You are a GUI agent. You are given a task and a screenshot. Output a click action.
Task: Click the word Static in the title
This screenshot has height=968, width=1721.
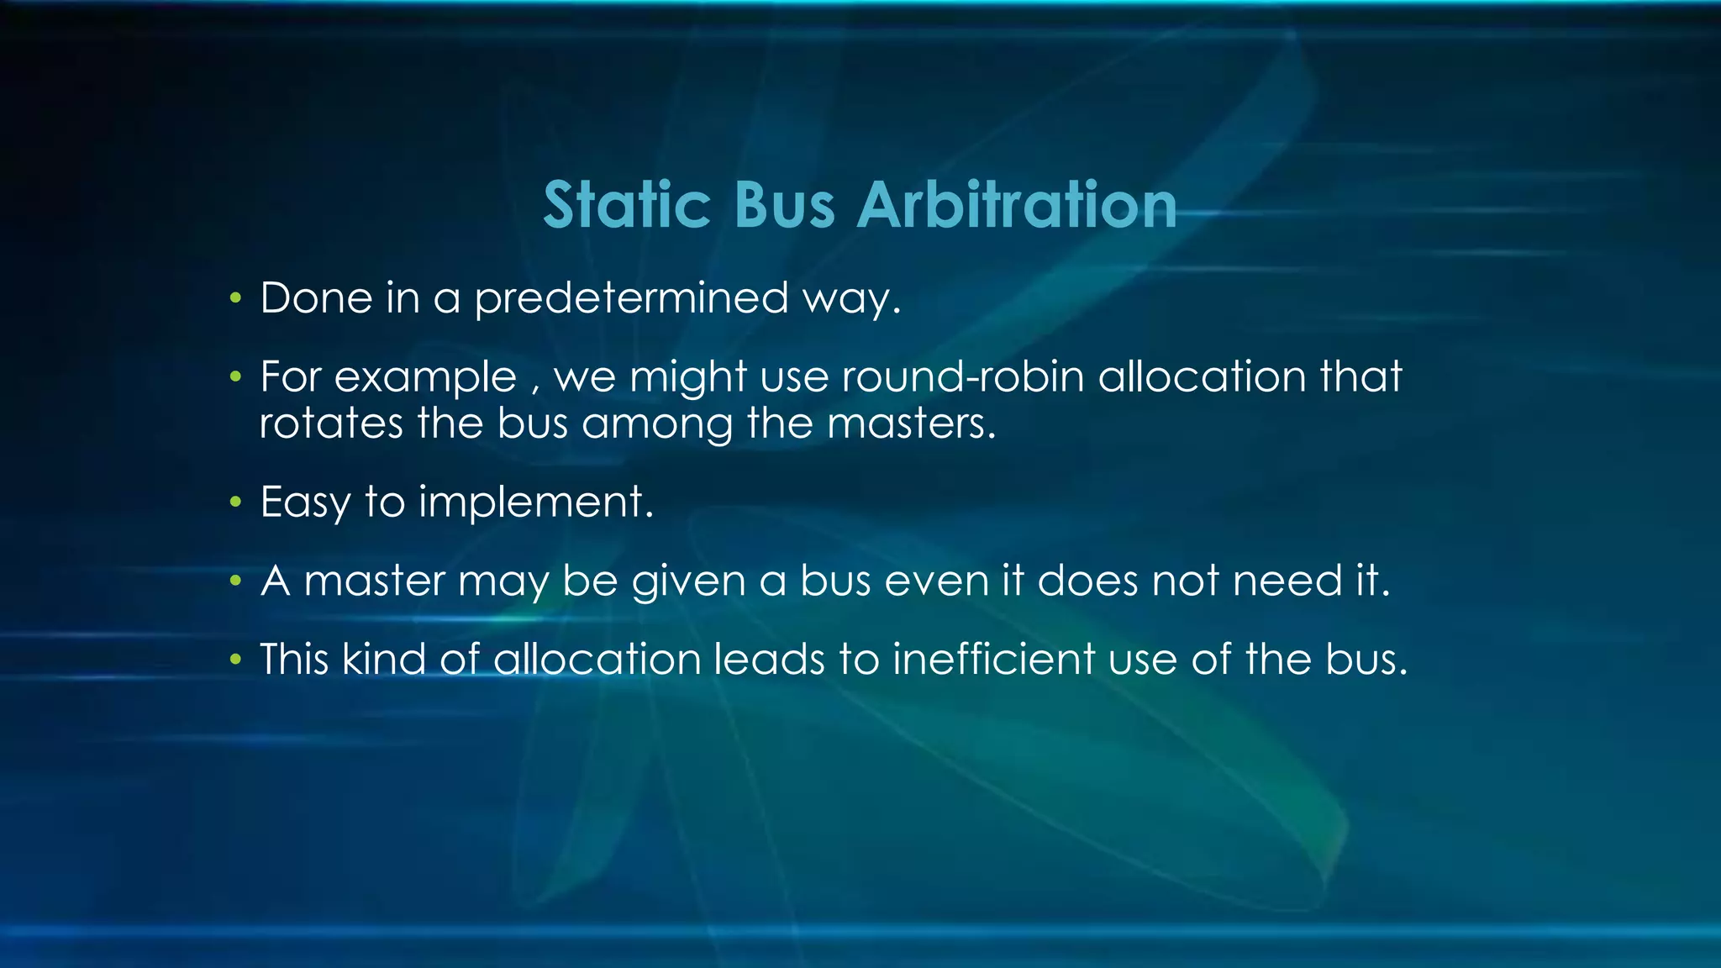pyautogui.click(x=627, y=205)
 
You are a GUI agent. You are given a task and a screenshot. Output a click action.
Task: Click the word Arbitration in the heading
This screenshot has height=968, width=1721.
pyautogui.click(x=1017, y=205)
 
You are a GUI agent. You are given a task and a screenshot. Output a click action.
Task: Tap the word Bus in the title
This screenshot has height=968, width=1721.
pyautogui.click(x=785, y=205)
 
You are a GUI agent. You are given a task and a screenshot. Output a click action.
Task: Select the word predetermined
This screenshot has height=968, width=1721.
pyautogui.click(x=631, y=298)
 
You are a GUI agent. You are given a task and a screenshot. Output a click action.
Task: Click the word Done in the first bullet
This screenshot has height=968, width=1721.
pyautogui.click(x=316, y=298)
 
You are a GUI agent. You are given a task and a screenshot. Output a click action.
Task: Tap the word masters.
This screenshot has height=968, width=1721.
pyautogui.click(x=911, y=423)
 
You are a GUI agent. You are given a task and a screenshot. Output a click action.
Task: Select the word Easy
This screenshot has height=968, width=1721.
pyautogui.click(x=304, y=502)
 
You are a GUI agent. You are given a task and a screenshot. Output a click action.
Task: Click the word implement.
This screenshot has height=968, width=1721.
pyautogui.click(x=535, y=502)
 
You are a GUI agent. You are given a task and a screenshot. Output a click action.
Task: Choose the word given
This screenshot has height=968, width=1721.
pyautogui.click(x=688, y=581)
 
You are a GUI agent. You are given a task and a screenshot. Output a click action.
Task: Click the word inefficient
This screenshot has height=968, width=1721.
pyautogui.click(x=993, y=659)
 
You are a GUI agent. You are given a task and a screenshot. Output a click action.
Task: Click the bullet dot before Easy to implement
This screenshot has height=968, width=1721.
pyautogui.click(x=236, y=502)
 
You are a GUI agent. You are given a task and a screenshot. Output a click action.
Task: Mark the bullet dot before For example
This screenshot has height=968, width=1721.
pyautogui.click(x=236, y=377)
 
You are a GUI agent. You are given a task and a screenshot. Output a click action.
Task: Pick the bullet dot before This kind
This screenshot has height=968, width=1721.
pyautogui.click(x=236, y=660)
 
